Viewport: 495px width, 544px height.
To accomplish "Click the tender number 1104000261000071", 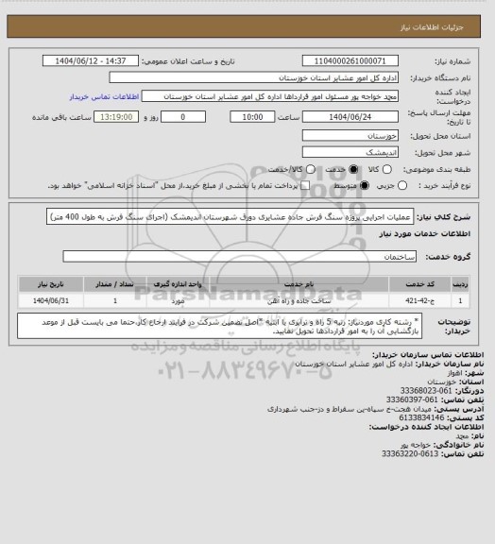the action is point(351,61).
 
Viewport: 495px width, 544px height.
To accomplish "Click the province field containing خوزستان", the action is point(351,134).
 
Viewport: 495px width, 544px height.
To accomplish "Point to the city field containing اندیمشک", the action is point(351,151).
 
